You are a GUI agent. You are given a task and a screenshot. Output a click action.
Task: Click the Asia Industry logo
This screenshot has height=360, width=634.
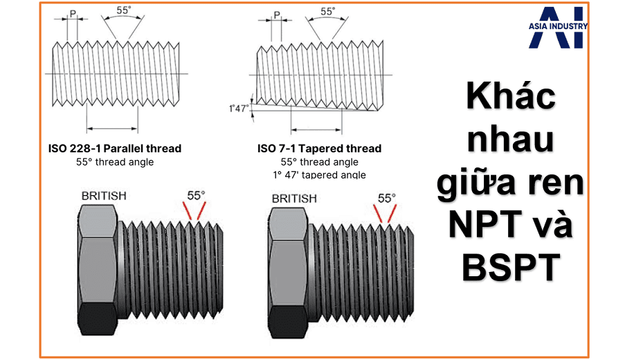point(558,27)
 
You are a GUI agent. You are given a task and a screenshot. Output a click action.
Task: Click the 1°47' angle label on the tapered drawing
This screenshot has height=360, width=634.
point(239,109)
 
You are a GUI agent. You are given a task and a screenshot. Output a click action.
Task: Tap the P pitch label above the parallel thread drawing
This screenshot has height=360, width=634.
point(73,13)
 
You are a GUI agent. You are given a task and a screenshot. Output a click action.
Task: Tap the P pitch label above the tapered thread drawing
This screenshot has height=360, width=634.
point(277,15)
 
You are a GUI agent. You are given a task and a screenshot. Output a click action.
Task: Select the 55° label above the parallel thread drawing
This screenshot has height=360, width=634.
point(124,10)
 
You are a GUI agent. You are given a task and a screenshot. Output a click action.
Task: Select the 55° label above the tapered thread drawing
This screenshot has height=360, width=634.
point(328,11)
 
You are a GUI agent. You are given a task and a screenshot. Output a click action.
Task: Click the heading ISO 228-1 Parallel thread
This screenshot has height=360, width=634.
point(115,148)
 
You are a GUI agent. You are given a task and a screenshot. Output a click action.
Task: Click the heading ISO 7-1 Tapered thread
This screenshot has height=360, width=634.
point(320,148)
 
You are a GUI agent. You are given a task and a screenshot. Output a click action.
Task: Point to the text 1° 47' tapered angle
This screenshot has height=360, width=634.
point(320,174)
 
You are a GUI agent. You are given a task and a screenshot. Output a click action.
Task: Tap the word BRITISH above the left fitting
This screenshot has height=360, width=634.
point(104,196)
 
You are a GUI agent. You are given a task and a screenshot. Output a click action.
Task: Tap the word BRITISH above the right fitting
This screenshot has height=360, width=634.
point(294,199)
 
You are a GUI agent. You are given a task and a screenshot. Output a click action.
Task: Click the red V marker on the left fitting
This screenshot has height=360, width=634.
point(194,210)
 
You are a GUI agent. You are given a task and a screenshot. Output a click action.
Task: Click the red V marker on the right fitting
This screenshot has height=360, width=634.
point(385,213)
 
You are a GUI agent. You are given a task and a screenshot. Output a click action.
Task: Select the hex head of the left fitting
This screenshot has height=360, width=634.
point(98,270)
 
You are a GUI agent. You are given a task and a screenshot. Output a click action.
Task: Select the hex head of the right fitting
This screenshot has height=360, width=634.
point(289,273)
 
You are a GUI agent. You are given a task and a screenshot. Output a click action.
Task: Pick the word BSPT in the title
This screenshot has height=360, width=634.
point(511,267)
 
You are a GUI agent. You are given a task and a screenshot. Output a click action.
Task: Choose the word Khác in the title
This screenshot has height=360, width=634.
point(511,96)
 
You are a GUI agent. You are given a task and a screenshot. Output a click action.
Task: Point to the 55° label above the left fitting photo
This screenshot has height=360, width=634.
point(196,196)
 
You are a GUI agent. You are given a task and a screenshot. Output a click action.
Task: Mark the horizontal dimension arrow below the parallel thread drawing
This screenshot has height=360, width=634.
point(112,129)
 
